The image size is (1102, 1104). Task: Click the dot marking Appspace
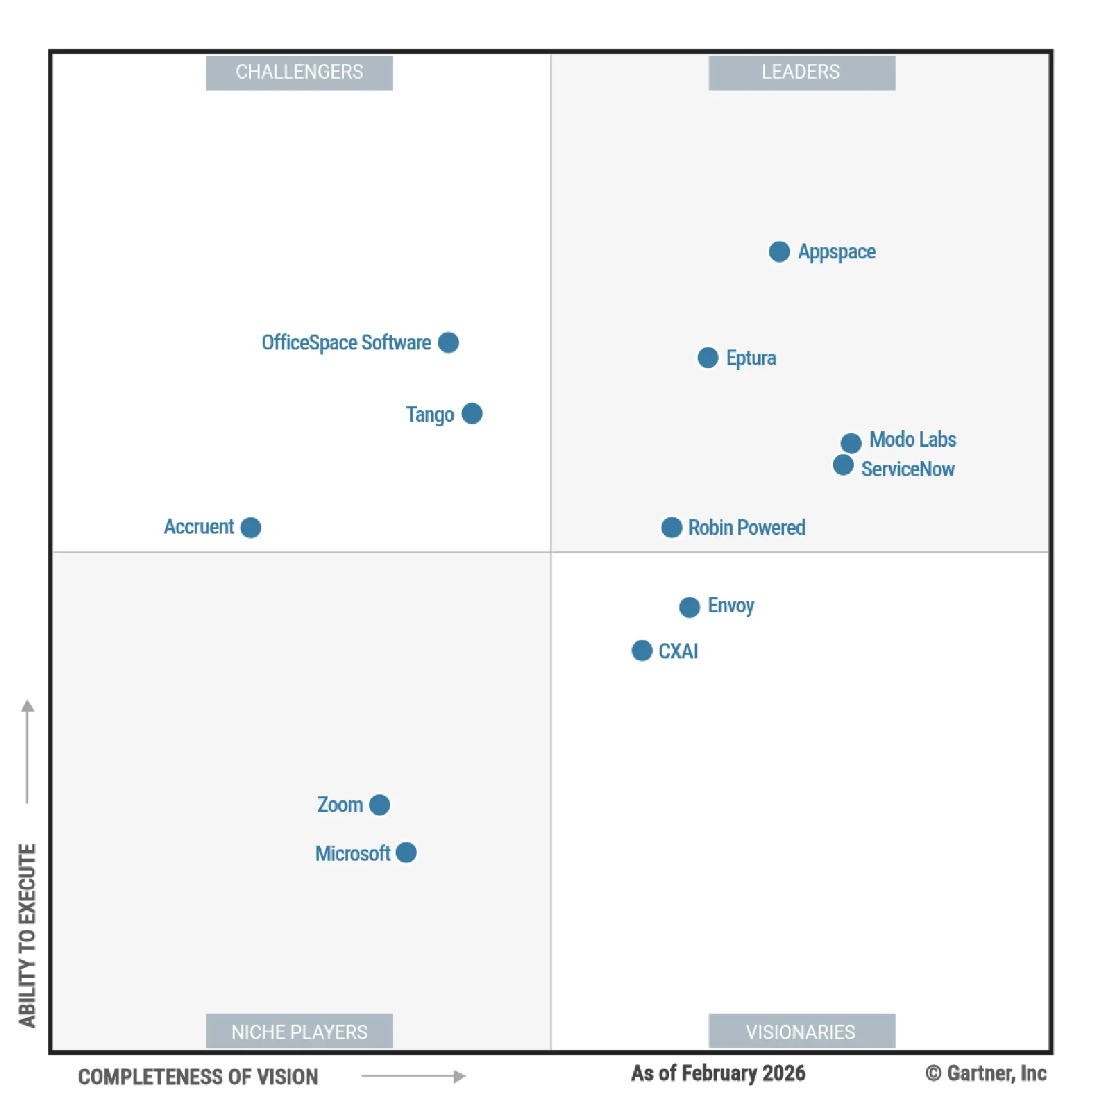click(779, 252)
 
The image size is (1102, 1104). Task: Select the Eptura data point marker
click(707, 358)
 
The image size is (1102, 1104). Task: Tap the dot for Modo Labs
click(851, 443)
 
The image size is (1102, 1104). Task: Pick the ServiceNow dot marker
click(842, 465)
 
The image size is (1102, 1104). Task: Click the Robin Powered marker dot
click(671, 527)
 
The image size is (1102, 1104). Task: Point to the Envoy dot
click(689, 607)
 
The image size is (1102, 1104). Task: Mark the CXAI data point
click(641, 650)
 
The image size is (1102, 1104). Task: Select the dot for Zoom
click(379, 805)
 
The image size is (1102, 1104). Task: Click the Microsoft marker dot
click(406, 852)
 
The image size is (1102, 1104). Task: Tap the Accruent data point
click(250, 527)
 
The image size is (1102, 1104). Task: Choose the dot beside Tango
click(472, 413)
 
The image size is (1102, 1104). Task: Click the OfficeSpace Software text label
click(346, 343)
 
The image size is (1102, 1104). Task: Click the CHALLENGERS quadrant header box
click(299, 72)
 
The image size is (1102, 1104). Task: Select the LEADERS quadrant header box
click(801, 72)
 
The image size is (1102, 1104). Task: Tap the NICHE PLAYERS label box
click(299, 1031)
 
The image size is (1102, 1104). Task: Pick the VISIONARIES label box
click(801, 1031)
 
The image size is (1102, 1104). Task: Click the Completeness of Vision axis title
click(198, 1077)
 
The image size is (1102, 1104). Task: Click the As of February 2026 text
click(718, 1073)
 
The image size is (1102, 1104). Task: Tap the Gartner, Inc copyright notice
click(985, 1073)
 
